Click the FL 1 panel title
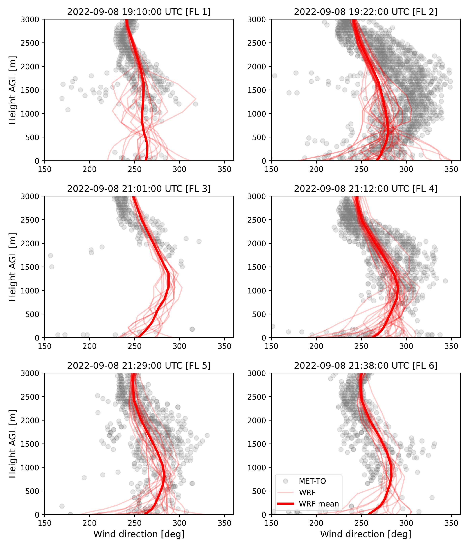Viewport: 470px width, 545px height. (x=139, y=12)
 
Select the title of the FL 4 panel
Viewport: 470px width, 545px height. (x=366, y=189)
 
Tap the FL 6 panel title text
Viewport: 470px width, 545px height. (x=366, y=366)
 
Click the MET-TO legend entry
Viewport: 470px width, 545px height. (x=312, y=481)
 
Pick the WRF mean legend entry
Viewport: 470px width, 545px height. (x=319, y=504)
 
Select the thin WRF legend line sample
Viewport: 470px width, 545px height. (x=285, y=492)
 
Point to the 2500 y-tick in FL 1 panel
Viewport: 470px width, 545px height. (x=30, y=43)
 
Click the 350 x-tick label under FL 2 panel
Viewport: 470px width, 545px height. (x=451, y=169)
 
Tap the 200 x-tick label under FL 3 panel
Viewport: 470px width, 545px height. (x=90, y=346)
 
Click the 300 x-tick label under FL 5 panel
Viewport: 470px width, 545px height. (x=179, y=523)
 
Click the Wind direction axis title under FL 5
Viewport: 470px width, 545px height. (x=139, y=534)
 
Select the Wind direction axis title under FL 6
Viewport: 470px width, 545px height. (x=366, y=534)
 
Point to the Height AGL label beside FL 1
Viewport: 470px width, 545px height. (x=12, y=90)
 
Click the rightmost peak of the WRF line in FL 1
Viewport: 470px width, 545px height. (x=195, y=99)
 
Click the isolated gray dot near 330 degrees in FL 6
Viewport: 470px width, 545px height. (x=432, y=497)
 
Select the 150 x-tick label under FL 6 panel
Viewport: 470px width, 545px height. (x=271, y=523)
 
